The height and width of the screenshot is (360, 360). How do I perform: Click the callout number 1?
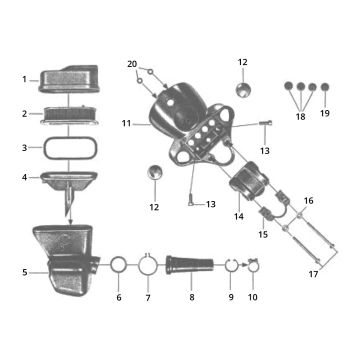pos(23,79)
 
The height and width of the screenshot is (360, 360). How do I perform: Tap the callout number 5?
pos(23,270)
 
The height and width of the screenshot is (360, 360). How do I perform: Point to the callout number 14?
pos(239,216)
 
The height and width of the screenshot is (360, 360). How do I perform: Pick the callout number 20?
pos(132,65)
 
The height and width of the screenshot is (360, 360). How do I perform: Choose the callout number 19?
pos(323,115)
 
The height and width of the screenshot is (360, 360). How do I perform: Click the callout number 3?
pos(23,146)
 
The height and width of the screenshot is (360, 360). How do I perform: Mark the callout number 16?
pos(308,201)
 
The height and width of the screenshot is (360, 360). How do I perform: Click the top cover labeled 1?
pos(68,78)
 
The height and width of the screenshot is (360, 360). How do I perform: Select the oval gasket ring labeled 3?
pos(67,147)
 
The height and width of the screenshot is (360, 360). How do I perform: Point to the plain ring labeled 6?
pos(118,267)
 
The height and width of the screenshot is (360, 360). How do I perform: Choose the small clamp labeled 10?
pos(252,266)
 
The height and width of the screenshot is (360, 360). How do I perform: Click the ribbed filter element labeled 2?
pos(67,113)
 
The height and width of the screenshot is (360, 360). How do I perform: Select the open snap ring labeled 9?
pos(229,266)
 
